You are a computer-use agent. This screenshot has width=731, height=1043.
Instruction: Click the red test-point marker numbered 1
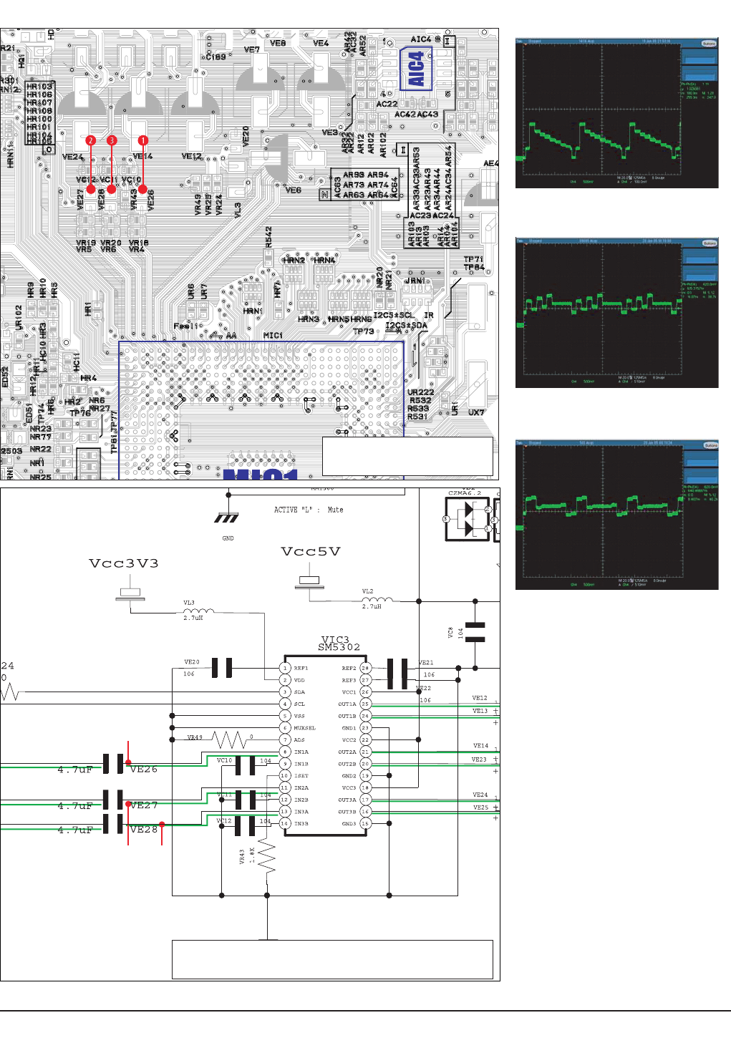point(143,140)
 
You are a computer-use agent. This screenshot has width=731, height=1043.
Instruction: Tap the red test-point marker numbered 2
point(90,140)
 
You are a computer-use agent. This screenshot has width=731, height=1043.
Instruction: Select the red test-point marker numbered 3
point(112,140)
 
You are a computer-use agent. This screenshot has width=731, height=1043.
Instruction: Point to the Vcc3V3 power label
point(123,563)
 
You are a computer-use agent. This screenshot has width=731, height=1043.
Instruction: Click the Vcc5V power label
point(310,551)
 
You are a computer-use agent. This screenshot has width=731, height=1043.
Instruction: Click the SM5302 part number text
point(339,647)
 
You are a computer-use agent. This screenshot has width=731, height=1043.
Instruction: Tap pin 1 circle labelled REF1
point(285,668)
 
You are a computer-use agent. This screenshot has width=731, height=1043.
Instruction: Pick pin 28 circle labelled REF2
point(365,668)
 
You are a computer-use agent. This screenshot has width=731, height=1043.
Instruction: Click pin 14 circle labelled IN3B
point(285,823)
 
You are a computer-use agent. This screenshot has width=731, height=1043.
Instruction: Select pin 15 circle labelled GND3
point(365,823)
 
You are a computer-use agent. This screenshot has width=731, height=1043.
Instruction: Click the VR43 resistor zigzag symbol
point(267,856)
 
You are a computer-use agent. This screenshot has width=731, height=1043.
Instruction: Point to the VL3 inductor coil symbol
point(198,611)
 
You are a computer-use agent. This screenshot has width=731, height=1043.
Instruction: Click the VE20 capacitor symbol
point(223,668)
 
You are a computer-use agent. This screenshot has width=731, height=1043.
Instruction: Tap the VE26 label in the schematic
point(144,770)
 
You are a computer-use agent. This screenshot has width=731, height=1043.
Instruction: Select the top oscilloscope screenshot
point(616,113)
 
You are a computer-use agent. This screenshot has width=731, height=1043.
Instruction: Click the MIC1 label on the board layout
point(273,335)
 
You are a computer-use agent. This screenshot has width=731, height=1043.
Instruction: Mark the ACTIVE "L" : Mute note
point(309,510)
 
